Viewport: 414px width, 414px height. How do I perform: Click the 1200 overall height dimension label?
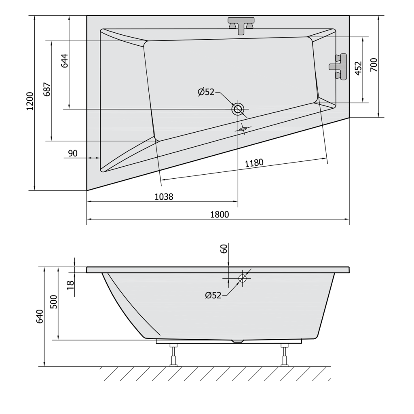coord(30,101)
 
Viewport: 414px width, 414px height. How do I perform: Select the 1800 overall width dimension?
coord(220,214)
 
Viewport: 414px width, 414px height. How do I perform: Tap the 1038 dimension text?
coord(164,197)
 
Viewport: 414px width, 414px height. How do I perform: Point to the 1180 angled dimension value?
coord(254,163)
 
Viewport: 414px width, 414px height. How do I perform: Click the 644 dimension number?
coord(65,61)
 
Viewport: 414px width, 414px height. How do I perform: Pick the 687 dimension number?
coord(47,89)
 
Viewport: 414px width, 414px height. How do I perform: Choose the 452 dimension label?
coord(358,68)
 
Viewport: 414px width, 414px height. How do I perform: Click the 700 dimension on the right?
coord(374,65)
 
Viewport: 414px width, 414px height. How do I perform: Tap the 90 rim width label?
coord(73,153)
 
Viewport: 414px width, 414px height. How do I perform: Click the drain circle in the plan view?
coord(238,109)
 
